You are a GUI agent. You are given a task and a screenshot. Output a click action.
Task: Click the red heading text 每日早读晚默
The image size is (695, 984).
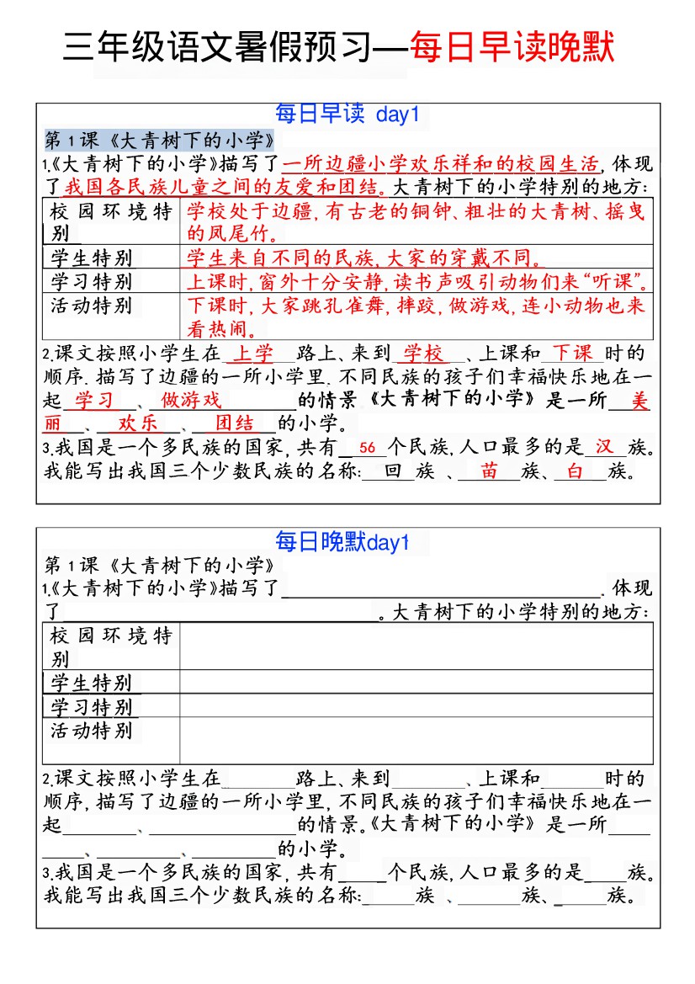tap(512, 48)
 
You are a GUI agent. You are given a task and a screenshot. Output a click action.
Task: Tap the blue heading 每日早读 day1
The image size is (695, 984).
tap(347, 114)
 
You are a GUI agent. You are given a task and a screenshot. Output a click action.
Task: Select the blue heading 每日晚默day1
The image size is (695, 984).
tap(342, 542)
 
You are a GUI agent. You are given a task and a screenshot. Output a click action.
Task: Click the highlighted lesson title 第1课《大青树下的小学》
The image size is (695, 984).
tap(159, 140)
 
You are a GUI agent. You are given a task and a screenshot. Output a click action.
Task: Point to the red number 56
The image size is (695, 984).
tap(367, 449)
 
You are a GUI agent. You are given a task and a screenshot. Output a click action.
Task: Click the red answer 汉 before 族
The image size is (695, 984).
tap(604, 447)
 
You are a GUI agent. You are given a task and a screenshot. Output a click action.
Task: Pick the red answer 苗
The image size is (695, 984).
tap(490, 471)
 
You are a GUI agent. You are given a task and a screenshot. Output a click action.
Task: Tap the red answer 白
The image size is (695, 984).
tap(576, 471)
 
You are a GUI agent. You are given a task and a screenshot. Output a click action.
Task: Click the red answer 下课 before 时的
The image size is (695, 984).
tap(572, 353)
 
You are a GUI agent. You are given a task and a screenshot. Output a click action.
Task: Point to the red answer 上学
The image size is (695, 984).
tap(252, 354)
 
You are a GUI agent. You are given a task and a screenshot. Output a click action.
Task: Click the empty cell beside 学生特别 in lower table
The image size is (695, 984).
tap(416, 682)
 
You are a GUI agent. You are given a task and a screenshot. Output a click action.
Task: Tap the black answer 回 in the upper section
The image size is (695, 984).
tap(392, 471)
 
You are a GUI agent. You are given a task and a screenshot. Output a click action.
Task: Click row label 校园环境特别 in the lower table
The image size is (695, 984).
tap(110, 646)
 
